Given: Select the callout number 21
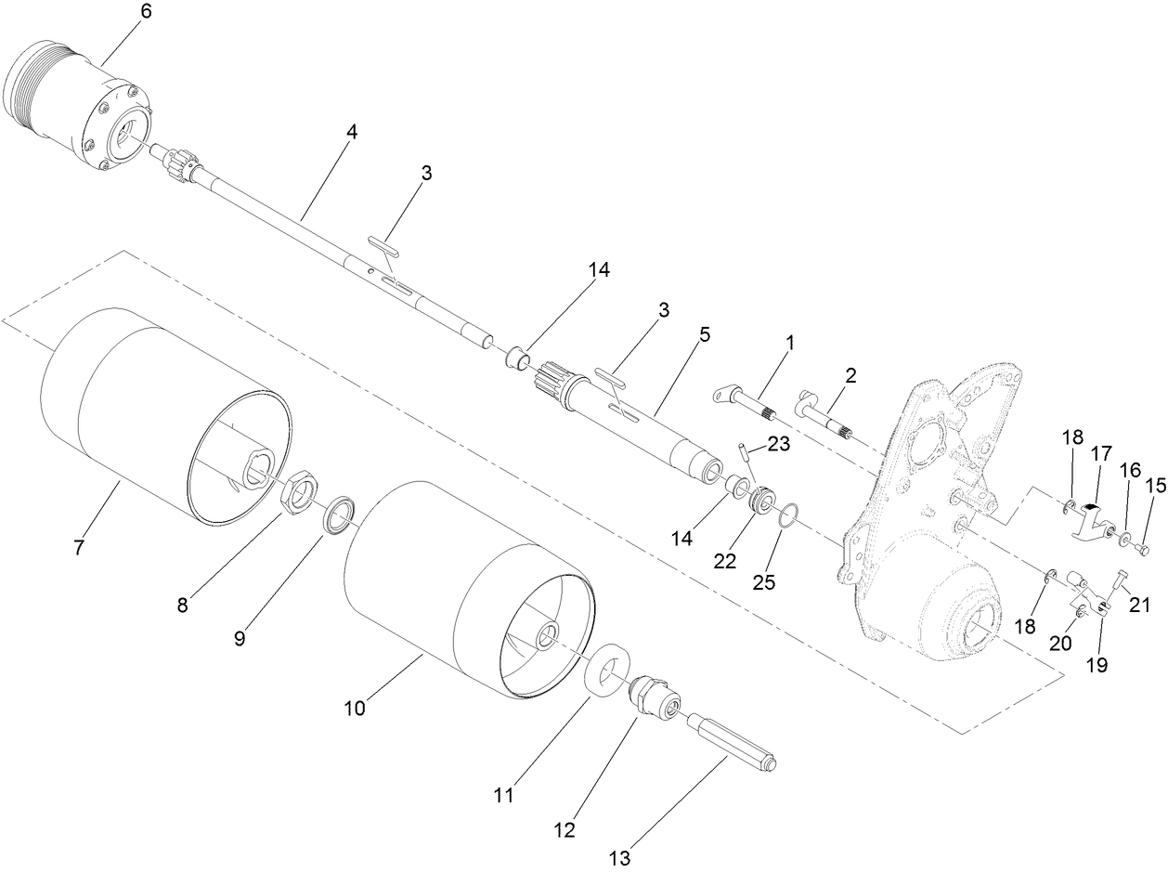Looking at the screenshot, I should [x=1139, y=606].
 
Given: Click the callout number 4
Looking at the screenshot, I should [x=350, y=132].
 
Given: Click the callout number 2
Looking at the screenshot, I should [x=850, y=375].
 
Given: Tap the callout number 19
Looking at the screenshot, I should [x=1097, y=665].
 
